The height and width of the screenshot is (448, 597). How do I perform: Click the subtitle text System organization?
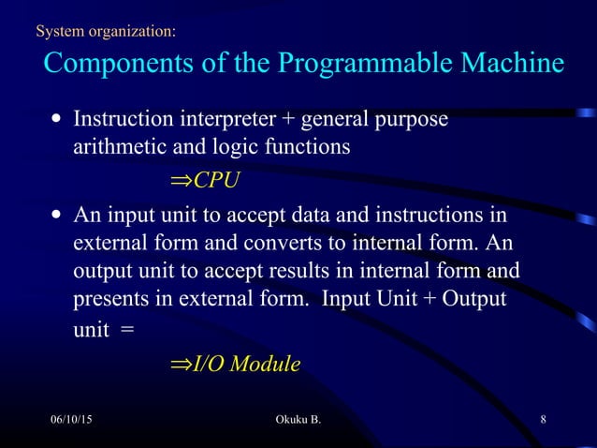pyautogui.click(x=104, y=33)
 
